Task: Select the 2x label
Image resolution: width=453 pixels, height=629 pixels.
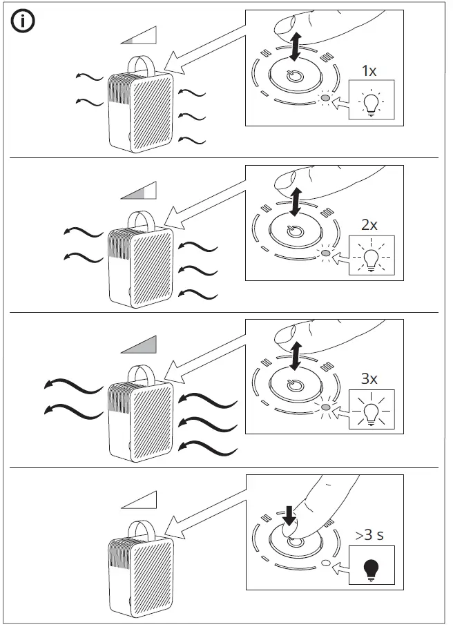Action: pos(369,224)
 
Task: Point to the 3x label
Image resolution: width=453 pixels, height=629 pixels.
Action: pos(369,379)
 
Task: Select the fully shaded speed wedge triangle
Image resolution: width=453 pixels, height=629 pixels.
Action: pos(139,345)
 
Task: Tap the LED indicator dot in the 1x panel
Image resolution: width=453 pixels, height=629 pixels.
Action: pos(325,99)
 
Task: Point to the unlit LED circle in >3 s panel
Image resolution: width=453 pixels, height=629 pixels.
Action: pos(325,563)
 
